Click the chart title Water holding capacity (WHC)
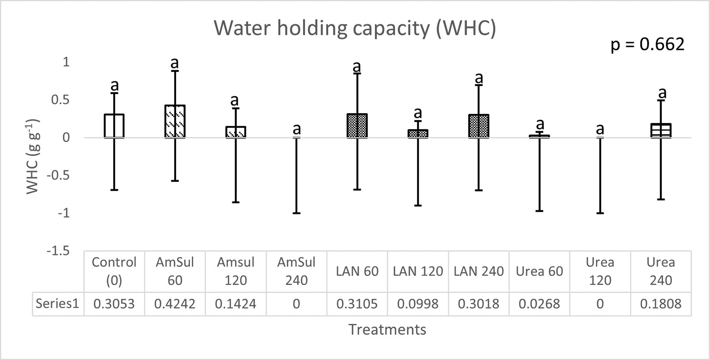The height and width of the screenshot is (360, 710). coord(355,28)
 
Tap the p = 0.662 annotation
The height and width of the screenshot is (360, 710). coord(647,44)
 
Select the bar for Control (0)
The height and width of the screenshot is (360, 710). coord(114,126)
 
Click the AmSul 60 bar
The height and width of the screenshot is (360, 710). coord(175,121)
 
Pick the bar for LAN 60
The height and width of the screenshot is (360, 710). coord(357,126)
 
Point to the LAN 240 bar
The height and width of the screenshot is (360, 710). coord(479,126)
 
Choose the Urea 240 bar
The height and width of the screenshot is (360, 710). coord(661,130)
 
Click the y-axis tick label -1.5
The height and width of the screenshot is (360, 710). coord(58,251)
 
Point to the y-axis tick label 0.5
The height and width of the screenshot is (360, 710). coord(60,100)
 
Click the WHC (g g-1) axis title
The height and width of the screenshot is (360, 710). coord(32,156)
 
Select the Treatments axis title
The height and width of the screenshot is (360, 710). coord(387,330)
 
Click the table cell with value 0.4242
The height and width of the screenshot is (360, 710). coord(175,304)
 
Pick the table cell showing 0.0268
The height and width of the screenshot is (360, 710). coord(539,304)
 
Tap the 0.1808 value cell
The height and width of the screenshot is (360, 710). coord(661,304)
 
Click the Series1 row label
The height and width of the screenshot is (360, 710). coord(57,304)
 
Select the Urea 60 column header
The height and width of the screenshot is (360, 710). coord(539,271)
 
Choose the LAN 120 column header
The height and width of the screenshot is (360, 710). coord(418,271)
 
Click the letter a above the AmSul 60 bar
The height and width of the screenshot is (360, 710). coord(174,63)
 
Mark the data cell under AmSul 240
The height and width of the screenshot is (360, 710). coord(297,304)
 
